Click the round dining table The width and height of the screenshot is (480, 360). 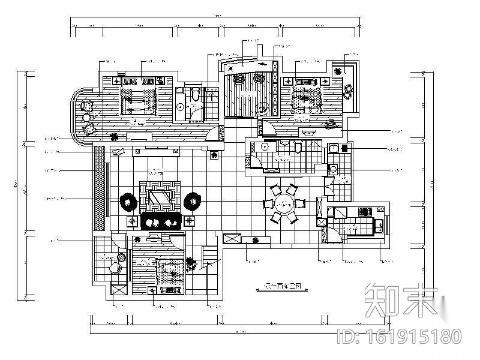click(283, 204)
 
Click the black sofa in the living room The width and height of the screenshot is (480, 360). click(161, 220)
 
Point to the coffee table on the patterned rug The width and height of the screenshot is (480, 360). click(160, 196)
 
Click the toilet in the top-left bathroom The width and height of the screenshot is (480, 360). click(194, 95)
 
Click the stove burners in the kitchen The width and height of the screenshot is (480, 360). click(364, 211)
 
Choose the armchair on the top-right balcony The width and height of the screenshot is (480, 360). click(349, 90)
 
